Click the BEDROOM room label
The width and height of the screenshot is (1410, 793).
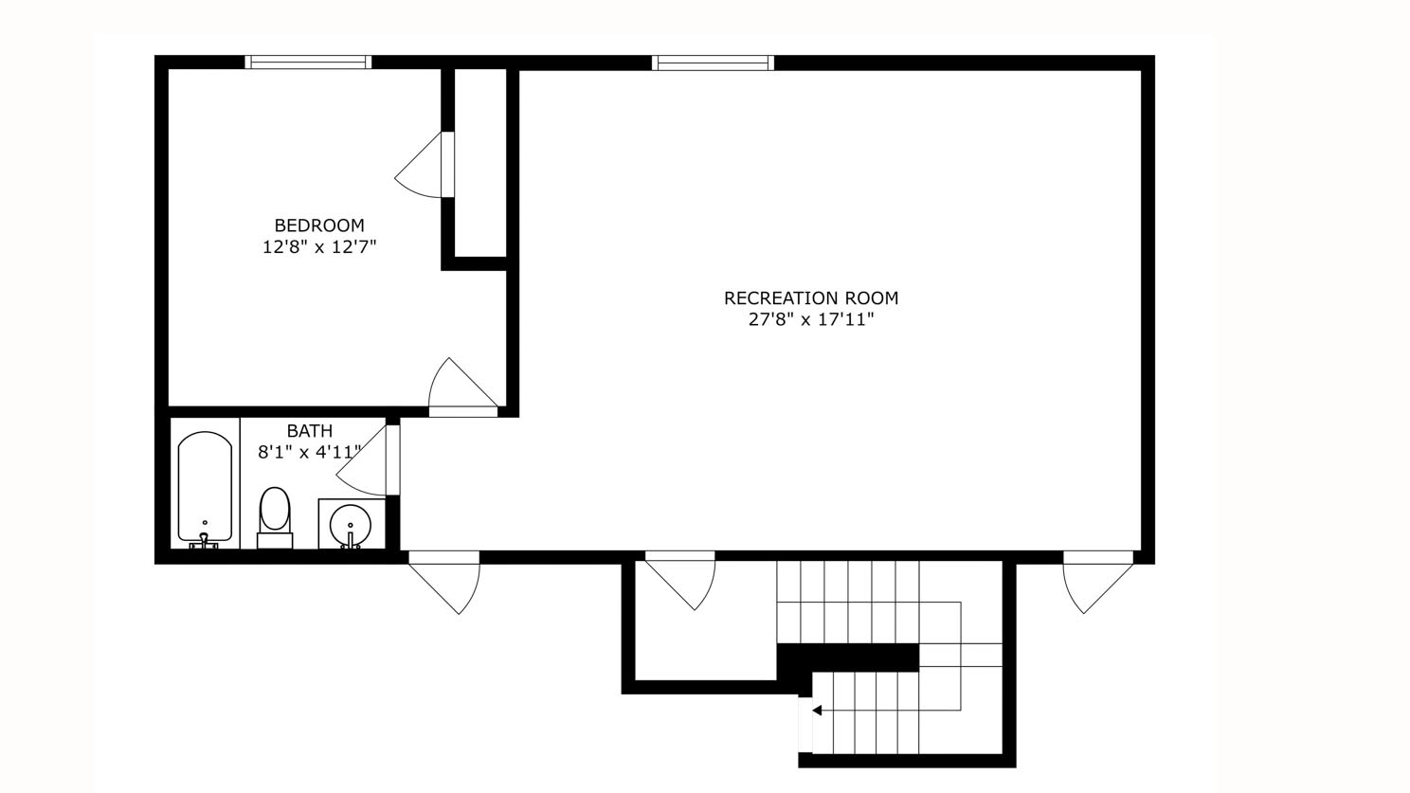(x=319, y=225)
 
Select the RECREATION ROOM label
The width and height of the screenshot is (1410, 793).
(x=811, y=297)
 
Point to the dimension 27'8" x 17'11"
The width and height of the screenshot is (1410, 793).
(x=811, y=320)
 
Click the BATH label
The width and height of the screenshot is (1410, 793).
(x=310, y=431)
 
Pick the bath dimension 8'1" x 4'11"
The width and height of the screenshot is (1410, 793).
(x=310, y=453)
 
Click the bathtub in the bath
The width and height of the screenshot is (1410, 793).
(x=205, y=488)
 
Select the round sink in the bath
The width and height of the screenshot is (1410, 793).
(x=351, y=524)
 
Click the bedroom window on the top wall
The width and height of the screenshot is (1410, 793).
(x=308, y=63)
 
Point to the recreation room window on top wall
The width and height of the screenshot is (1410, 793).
(x=713, y=63)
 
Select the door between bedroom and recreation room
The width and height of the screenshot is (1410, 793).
(x=461, y=389)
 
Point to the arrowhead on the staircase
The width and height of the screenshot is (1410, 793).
(x=816, y=710)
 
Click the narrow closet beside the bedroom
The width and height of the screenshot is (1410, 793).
(x=480, y=161)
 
